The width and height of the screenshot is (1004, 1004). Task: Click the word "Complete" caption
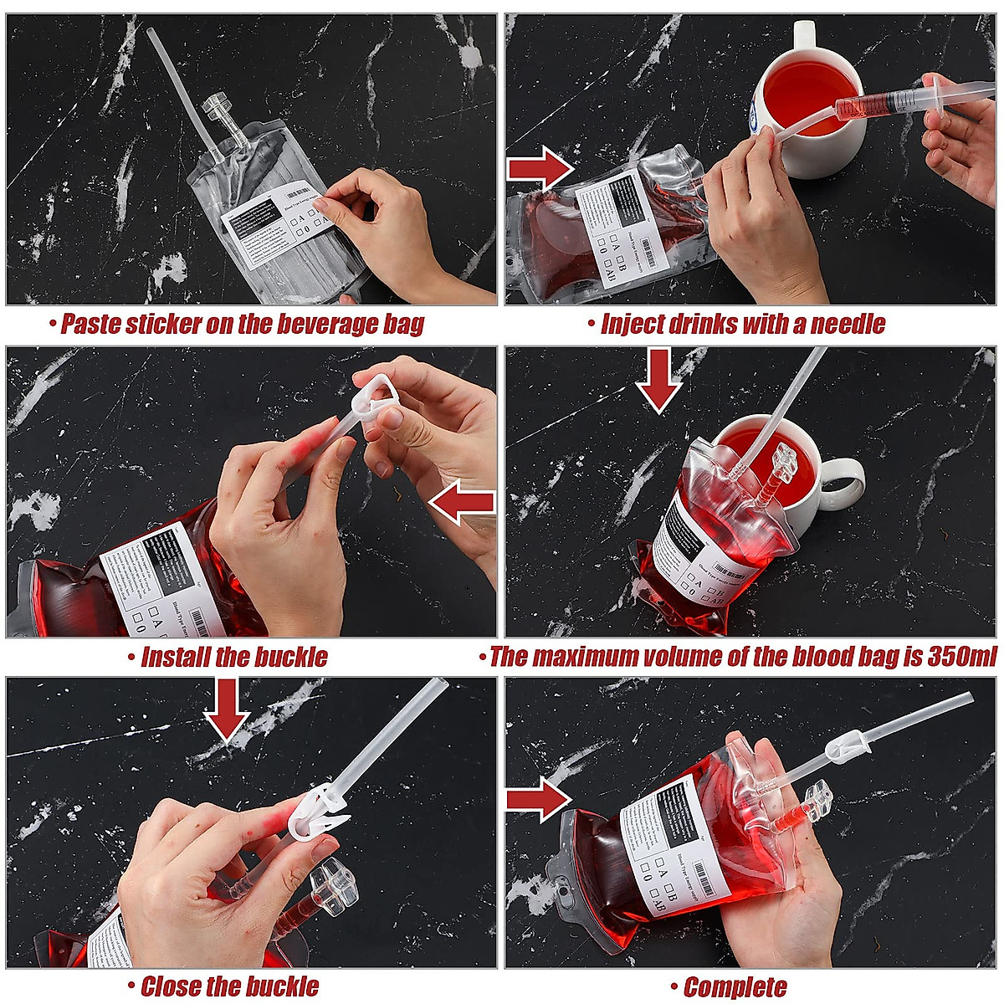tap(735, 988)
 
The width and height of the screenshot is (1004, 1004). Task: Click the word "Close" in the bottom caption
tap(172, 987)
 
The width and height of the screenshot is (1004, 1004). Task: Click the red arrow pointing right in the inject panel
tap(540, 168)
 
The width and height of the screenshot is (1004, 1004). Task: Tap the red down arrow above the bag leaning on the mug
tap(658, 379)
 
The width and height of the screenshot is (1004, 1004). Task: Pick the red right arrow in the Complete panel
tap(538, 798)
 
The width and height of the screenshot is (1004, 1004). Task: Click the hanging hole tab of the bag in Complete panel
tap(571, 902)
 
